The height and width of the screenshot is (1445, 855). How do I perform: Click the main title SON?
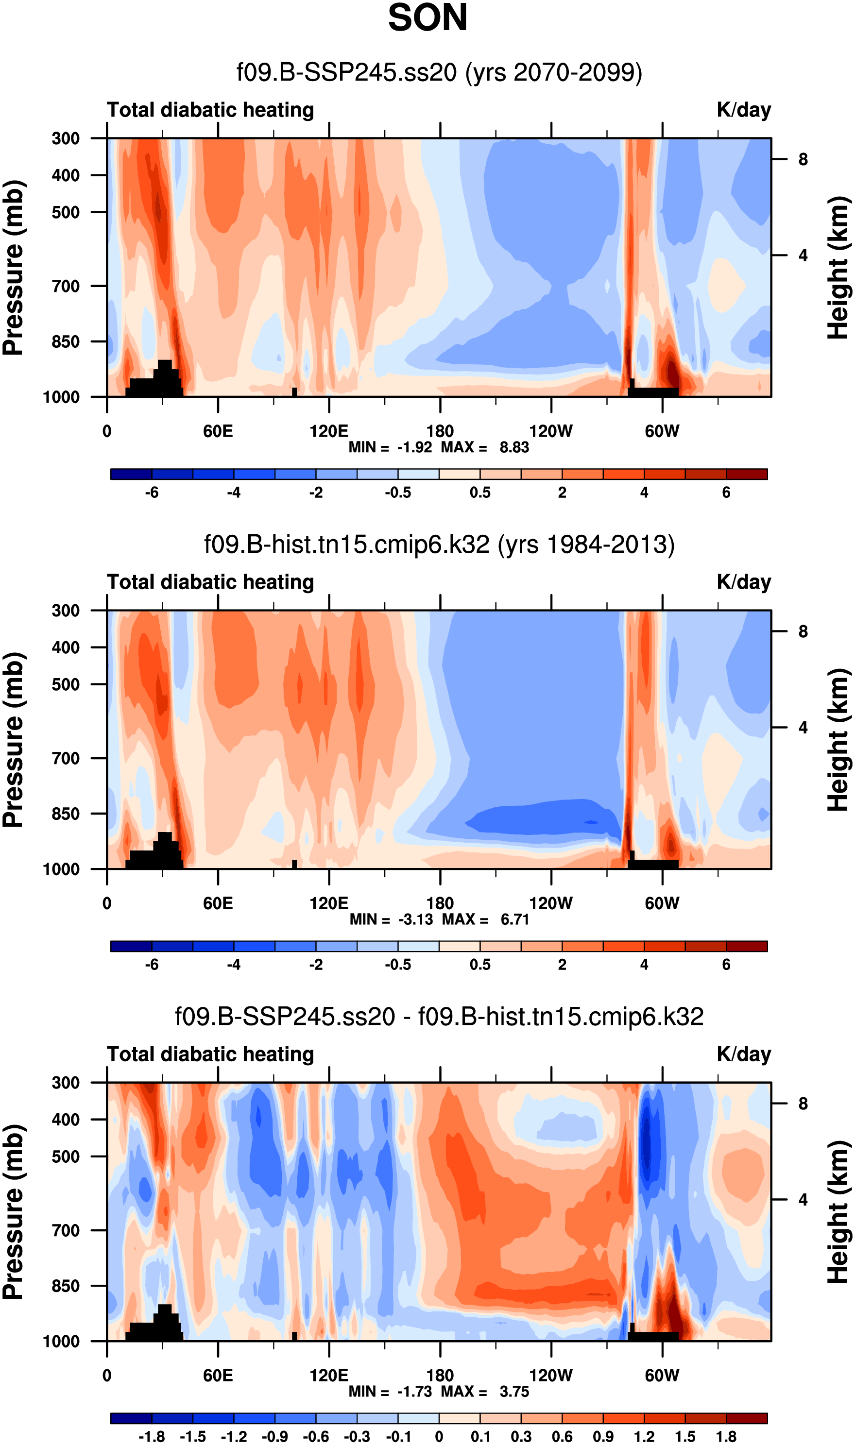pos(427,18)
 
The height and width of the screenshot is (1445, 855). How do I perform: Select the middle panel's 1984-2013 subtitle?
pos(439,545)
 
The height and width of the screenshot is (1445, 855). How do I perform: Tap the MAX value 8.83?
pos(514,447)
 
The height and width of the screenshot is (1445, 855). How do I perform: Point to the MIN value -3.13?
pos(415,919)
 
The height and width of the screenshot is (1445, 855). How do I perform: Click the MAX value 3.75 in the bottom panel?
pos(514,1392)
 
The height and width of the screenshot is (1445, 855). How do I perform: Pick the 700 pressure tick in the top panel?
pos(66,286)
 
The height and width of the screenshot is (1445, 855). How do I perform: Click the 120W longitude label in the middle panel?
pos(551,903)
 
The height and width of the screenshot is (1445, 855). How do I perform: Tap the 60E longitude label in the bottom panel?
pos(218,1376)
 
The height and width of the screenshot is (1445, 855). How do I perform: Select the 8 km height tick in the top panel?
pos(803,159)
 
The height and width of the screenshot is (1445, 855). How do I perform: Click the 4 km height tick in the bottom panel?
pos(803,1200)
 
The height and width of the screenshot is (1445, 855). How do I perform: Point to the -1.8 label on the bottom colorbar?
pos(152,1436)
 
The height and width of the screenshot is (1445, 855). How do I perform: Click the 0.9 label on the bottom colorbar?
pos(603,1436)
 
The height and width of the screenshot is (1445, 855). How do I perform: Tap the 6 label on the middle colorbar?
pos(726,964)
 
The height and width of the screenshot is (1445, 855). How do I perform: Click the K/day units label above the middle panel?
pos(743,582)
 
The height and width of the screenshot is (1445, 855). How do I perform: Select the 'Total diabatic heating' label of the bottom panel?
pos(210,1054)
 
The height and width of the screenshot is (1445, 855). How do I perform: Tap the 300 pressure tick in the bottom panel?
pos(66,1083)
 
